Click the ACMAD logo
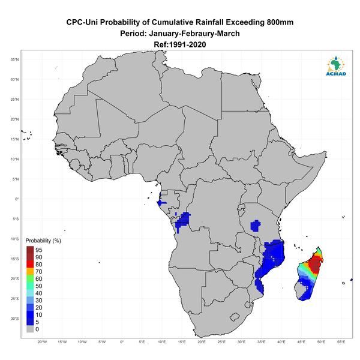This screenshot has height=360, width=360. click(x=336, y=66)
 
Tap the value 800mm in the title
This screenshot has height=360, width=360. click(x=280, y=22)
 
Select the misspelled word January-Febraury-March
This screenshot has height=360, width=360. click(x=194, y=34)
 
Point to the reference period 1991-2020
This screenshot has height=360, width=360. click(x=188, y=44)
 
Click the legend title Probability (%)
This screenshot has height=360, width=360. click(x=43, y=241)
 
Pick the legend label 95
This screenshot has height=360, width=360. click(x=39, y=250)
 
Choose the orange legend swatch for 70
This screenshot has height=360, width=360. click(x=30, y=271)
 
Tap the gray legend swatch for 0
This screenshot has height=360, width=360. click(x=30, y=329)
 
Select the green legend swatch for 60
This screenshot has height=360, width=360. click(x=30, y=279)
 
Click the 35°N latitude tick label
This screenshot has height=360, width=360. click(x=14, y=59)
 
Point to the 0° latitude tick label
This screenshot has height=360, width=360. click(x=17, y=199)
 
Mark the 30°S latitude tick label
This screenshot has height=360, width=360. click(x=14, y=319)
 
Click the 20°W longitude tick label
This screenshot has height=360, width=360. click(x=42, y=342)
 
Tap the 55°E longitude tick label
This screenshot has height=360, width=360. click(x=341, y=342)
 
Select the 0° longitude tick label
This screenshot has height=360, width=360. click(x=122, y=342)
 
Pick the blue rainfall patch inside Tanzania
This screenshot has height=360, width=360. click(x=256, y=226)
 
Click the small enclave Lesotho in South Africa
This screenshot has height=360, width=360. click(x=235, y=317)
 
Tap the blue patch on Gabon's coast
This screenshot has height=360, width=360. click(x=160, y=203)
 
